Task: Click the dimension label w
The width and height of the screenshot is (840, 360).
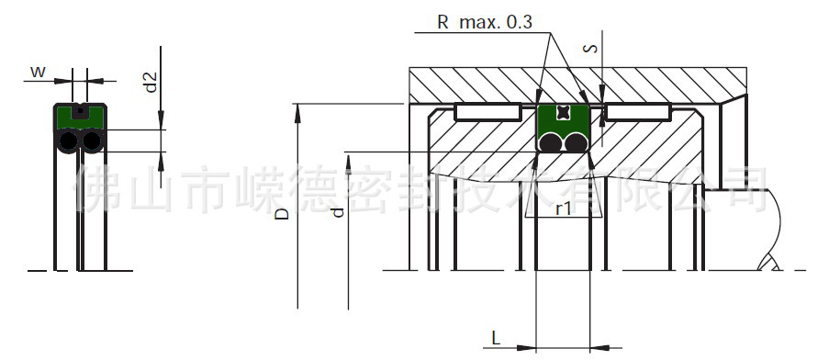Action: (x=37, y=71)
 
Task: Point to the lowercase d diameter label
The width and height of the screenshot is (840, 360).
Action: (x=337, y=212)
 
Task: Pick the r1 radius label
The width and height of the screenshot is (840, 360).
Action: (x=564, y=208)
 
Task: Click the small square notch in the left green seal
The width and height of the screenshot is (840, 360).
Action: (x=80, y=112)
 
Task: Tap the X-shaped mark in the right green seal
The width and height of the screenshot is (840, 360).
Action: (x=563, y=112)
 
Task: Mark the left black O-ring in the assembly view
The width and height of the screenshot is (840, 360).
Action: (x=549, y=142)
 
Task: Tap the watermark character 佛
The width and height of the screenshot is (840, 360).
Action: (x=97, y=187)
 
